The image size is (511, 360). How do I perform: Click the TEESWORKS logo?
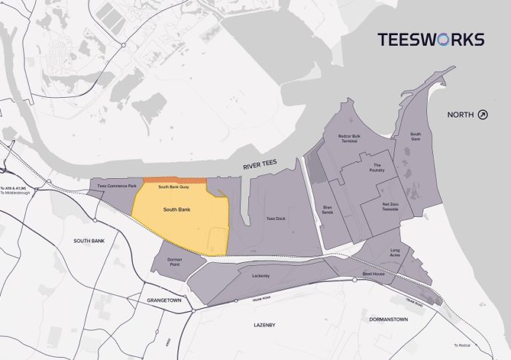431,39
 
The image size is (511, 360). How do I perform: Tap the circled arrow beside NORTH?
483,115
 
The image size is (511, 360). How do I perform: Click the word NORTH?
461,115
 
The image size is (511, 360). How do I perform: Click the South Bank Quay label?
174,188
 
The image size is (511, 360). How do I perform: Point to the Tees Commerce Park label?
112,187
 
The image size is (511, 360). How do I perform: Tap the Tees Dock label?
275,218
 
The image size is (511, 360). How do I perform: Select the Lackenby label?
261,276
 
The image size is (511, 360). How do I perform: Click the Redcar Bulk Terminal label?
347,138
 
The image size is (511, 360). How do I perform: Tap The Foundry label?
377,167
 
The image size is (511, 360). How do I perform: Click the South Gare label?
415,136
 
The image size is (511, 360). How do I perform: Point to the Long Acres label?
395,253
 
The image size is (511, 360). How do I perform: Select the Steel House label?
373,274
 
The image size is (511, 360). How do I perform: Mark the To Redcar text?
463,345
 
